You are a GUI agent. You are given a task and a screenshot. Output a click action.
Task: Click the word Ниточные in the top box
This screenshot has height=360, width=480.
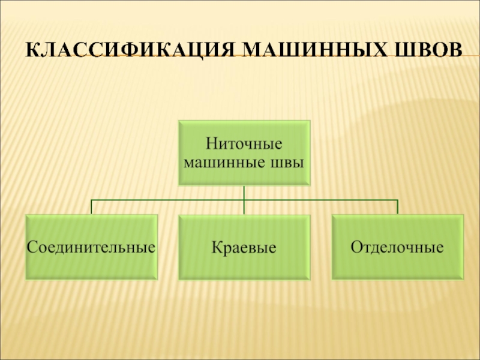click(244, 144)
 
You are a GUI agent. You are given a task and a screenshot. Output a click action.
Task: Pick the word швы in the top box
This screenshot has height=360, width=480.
click(288, 162)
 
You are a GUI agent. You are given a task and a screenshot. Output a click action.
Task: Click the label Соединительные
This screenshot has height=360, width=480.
click(91, 247)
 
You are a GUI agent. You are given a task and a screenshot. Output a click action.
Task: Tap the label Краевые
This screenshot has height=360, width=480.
click(244, 247)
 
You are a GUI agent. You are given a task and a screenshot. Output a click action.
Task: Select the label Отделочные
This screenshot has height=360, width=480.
click(397, 247)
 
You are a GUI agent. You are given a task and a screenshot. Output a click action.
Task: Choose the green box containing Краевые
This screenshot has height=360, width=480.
click(244, 264)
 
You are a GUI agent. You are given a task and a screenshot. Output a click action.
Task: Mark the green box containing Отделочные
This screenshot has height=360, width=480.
click(397, 264)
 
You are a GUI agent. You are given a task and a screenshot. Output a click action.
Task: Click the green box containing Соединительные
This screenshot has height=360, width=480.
click(91, 264)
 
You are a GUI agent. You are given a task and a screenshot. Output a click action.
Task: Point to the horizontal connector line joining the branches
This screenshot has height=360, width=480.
click(168, 200)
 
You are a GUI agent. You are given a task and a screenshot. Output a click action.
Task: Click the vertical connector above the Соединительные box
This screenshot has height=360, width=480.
click(91, 207)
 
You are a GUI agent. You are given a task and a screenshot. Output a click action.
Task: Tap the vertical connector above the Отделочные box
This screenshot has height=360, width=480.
click(397, 207)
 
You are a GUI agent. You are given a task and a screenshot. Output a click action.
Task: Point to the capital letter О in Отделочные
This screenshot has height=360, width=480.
click(355, 247)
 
